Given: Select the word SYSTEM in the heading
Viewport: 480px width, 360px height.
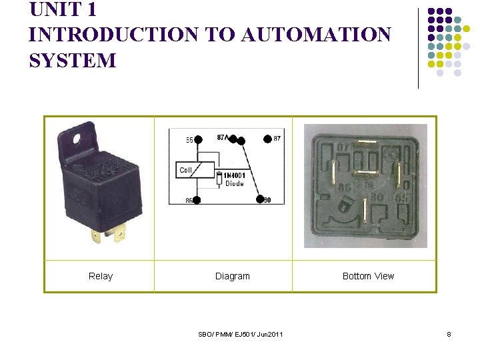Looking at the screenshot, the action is coord(73,61).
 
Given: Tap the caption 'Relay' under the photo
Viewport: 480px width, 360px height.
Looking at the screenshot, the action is coord(101,276).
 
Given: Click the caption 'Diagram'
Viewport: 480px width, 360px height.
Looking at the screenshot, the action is coord(232,276).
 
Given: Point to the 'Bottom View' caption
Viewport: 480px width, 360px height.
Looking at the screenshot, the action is coord(368,276).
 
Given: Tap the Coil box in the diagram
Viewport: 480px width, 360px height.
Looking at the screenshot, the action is coord(186,171).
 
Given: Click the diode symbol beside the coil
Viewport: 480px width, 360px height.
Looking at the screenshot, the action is coord(219,178).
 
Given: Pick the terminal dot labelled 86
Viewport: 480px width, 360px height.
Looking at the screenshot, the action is coord(196,200).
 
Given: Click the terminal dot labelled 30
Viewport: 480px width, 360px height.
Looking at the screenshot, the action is coord(260,199).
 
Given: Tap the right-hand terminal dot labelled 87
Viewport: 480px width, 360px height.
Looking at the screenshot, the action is coord(267,139).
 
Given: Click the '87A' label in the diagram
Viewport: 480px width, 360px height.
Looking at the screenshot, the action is coord(224,137).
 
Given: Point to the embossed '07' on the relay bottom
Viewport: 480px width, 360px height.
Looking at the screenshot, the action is coord(343,146).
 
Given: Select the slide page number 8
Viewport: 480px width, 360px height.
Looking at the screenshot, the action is coord(449,333).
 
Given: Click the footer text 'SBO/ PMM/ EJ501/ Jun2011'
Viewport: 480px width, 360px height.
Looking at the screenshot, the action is coord(241,333).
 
